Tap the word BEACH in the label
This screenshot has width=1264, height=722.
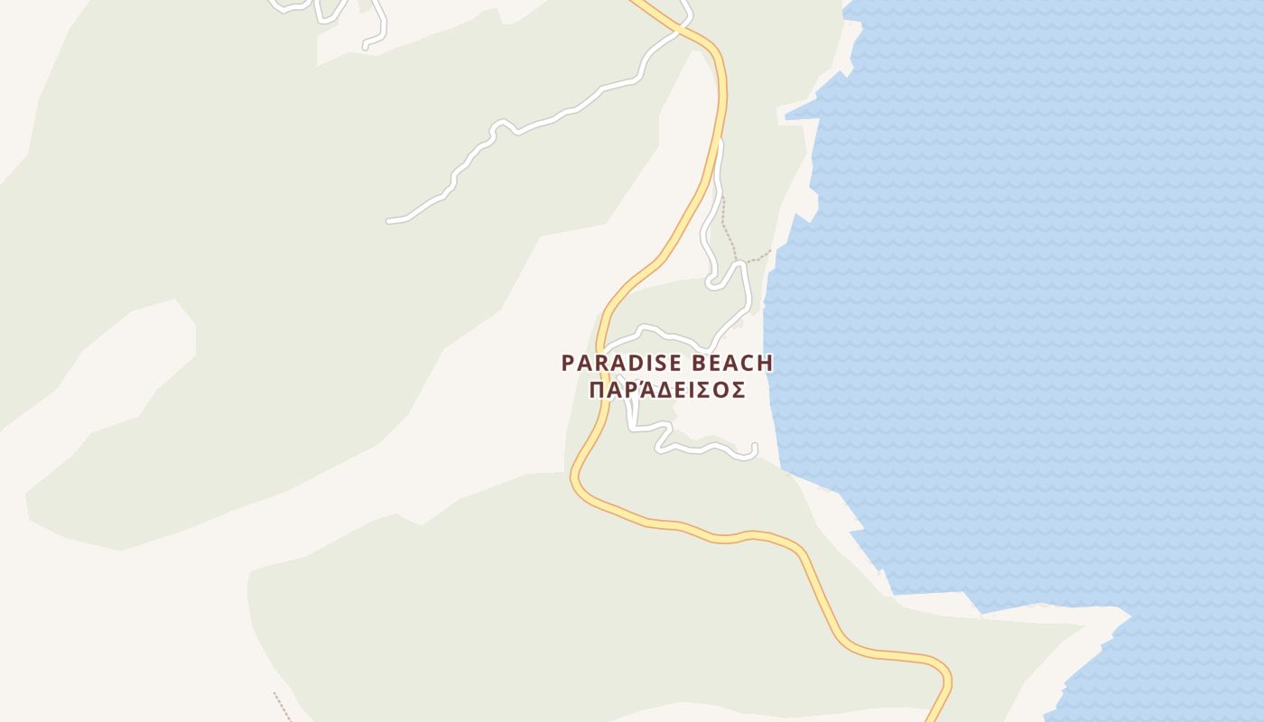pos(732,363)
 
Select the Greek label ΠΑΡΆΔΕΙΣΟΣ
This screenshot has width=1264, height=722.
pos(666,390)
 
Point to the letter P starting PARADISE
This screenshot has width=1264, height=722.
pos(568,363)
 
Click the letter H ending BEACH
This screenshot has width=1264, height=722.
pos(766,363)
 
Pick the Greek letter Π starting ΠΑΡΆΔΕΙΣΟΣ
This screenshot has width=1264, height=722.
pos(596,390)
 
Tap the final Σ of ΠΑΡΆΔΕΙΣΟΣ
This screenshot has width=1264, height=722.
pos(738,390)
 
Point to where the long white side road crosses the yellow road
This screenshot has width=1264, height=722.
pos(676,32)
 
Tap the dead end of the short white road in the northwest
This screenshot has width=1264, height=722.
pos(366,46)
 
